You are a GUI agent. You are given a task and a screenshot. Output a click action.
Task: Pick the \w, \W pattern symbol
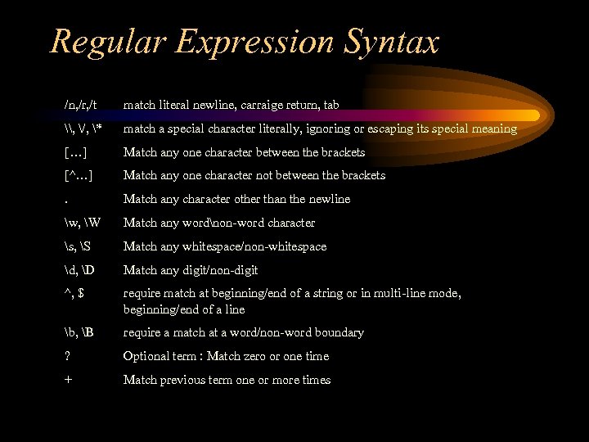pos(79,223)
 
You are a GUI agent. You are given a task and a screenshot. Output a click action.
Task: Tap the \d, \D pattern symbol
pos(77,270)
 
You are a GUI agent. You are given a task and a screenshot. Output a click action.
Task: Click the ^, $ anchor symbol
pos(74,293)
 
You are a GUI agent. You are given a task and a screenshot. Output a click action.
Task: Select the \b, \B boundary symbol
pos(78,332)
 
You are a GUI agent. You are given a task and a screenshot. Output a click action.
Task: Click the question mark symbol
pos(67,356)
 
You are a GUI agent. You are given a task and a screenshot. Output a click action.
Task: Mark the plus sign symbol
pos(68,380)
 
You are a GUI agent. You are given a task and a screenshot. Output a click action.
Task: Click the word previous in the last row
pos(178,380)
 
